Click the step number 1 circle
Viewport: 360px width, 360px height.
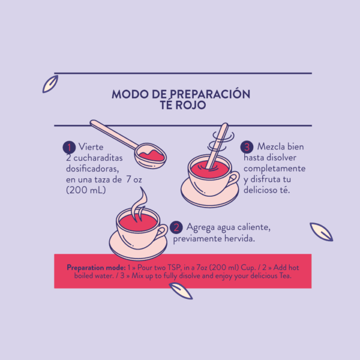69,147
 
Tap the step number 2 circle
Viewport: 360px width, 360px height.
176,227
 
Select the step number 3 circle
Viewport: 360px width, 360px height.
247,147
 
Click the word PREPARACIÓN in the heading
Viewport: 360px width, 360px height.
210,94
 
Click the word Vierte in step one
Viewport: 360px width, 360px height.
91,147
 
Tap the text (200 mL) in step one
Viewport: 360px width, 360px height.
86,190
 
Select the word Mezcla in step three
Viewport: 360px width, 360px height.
270,146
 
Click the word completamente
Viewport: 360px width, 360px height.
275,169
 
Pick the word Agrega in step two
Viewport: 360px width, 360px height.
201,227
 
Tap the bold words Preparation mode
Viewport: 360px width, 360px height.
96,268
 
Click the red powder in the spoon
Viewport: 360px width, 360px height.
152,155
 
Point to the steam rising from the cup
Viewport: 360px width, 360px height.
139,205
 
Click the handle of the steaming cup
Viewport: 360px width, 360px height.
162,232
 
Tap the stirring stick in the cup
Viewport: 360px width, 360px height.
217,146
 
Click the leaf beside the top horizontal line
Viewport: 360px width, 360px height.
50,84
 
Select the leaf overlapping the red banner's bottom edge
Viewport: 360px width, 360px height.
181,291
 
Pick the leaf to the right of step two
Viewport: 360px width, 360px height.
321,232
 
